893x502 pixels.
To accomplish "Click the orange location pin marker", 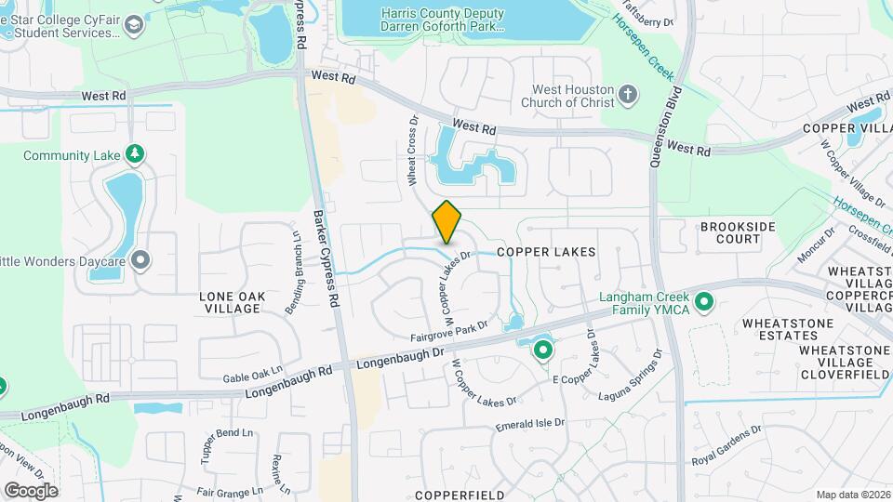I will click(447, 221).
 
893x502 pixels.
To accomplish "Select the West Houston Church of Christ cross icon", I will click(628, 94).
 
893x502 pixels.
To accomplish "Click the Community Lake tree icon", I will click(135, 152).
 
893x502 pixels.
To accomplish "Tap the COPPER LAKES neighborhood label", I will click(545, 252).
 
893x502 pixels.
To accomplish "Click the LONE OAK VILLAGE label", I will click(233, 302).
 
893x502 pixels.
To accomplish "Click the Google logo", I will click(31, 491).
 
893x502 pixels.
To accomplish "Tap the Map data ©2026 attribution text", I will click(852, 495).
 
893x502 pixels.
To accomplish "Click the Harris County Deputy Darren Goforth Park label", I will click(443, 20).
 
